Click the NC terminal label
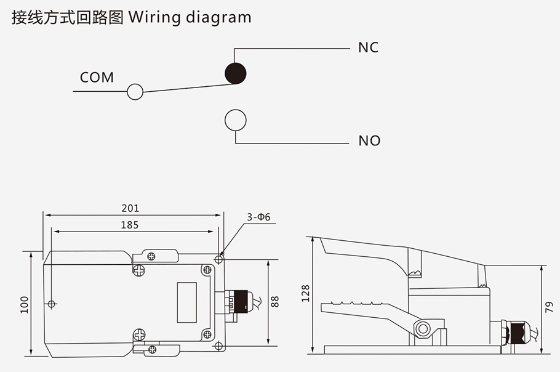pos(368,47)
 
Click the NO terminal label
pos(369,141)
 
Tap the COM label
pos(97,78)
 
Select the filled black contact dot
pos(235,73)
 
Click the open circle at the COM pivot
pos(135,92)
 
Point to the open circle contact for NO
pos(235,120)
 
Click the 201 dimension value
pos(130,208)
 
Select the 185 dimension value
pos(129,225)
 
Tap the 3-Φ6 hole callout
pos(259,217)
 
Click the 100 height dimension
pos(25,304)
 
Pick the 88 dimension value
pos(275,302)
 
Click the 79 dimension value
pos(550,307)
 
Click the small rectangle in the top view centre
pos(187,302)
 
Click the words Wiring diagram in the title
pos(190,17)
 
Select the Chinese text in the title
pos(67,17)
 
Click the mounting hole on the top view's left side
pos(52,304)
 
